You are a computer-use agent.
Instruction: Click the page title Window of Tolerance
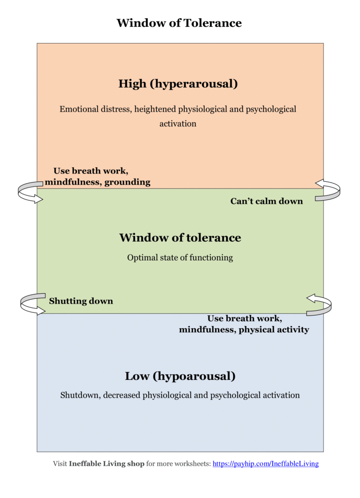point(179,22)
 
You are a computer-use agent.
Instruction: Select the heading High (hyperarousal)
point(178,84)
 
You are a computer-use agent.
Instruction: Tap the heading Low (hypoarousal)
point(180,376)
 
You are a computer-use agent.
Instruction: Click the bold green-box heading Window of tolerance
point(180,238)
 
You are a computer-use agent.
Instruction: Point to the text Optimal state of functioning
point(180,258)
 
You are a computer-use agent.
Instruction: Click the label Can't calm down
point(266,201)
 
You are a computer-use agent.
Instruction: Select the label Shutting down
point(81,301)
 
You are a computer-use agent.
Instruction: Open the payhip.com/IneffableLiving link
point(266,464)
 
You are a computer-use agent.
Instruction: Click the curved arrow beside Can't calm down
point(328,190)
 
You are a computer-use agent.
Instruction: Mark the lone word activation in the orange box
point(178,124)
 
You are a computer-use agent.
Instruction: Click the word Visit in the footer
point(60,464)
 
